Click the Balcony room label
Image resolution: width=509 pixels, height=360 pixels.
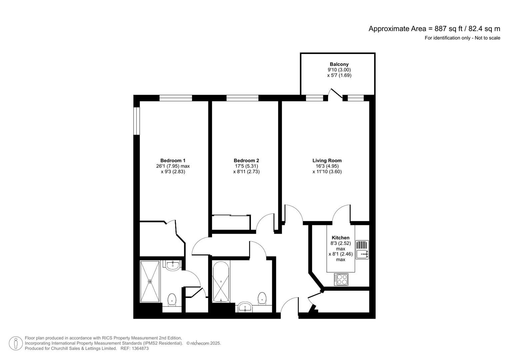(339, 64)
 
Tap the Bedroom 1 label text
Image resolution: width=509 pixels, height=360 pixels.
(173, 160)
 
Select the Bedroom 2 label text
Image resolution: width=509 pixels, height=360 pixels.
(246, 160)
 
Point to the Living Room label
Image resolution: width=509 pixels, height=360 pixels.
(327, 160)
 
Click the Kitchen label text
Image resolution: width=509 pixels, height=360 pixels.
(341, 238)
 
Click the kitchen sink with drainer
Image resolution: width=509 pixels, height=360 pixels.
(362, 250)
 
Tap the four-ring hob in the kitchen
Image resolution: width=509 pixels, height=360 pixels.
(341, 279)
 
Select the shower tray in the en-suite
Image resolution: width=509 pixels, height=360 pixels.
(150, 282)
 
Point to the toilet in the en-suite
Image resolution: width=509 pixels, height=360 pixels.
(172, 299)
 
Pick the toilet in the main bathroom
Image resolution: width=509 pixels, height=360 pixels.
(262, 298)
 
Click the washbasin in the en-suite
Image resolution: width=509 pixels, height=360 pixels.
(172, 265)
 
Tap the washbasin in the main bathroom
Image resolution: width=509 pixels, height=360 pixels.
(245, 307)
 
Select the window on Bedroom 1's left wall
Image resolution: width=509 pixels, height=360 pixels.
(136, 121)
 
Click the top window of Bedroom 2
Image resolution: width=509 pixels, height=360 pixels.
(242, 98)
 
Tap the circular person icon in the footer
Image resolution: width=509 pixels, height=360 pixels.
(16, 343)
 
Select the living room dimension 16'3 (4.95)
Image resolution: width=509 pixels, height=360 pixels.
(327, 166)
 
